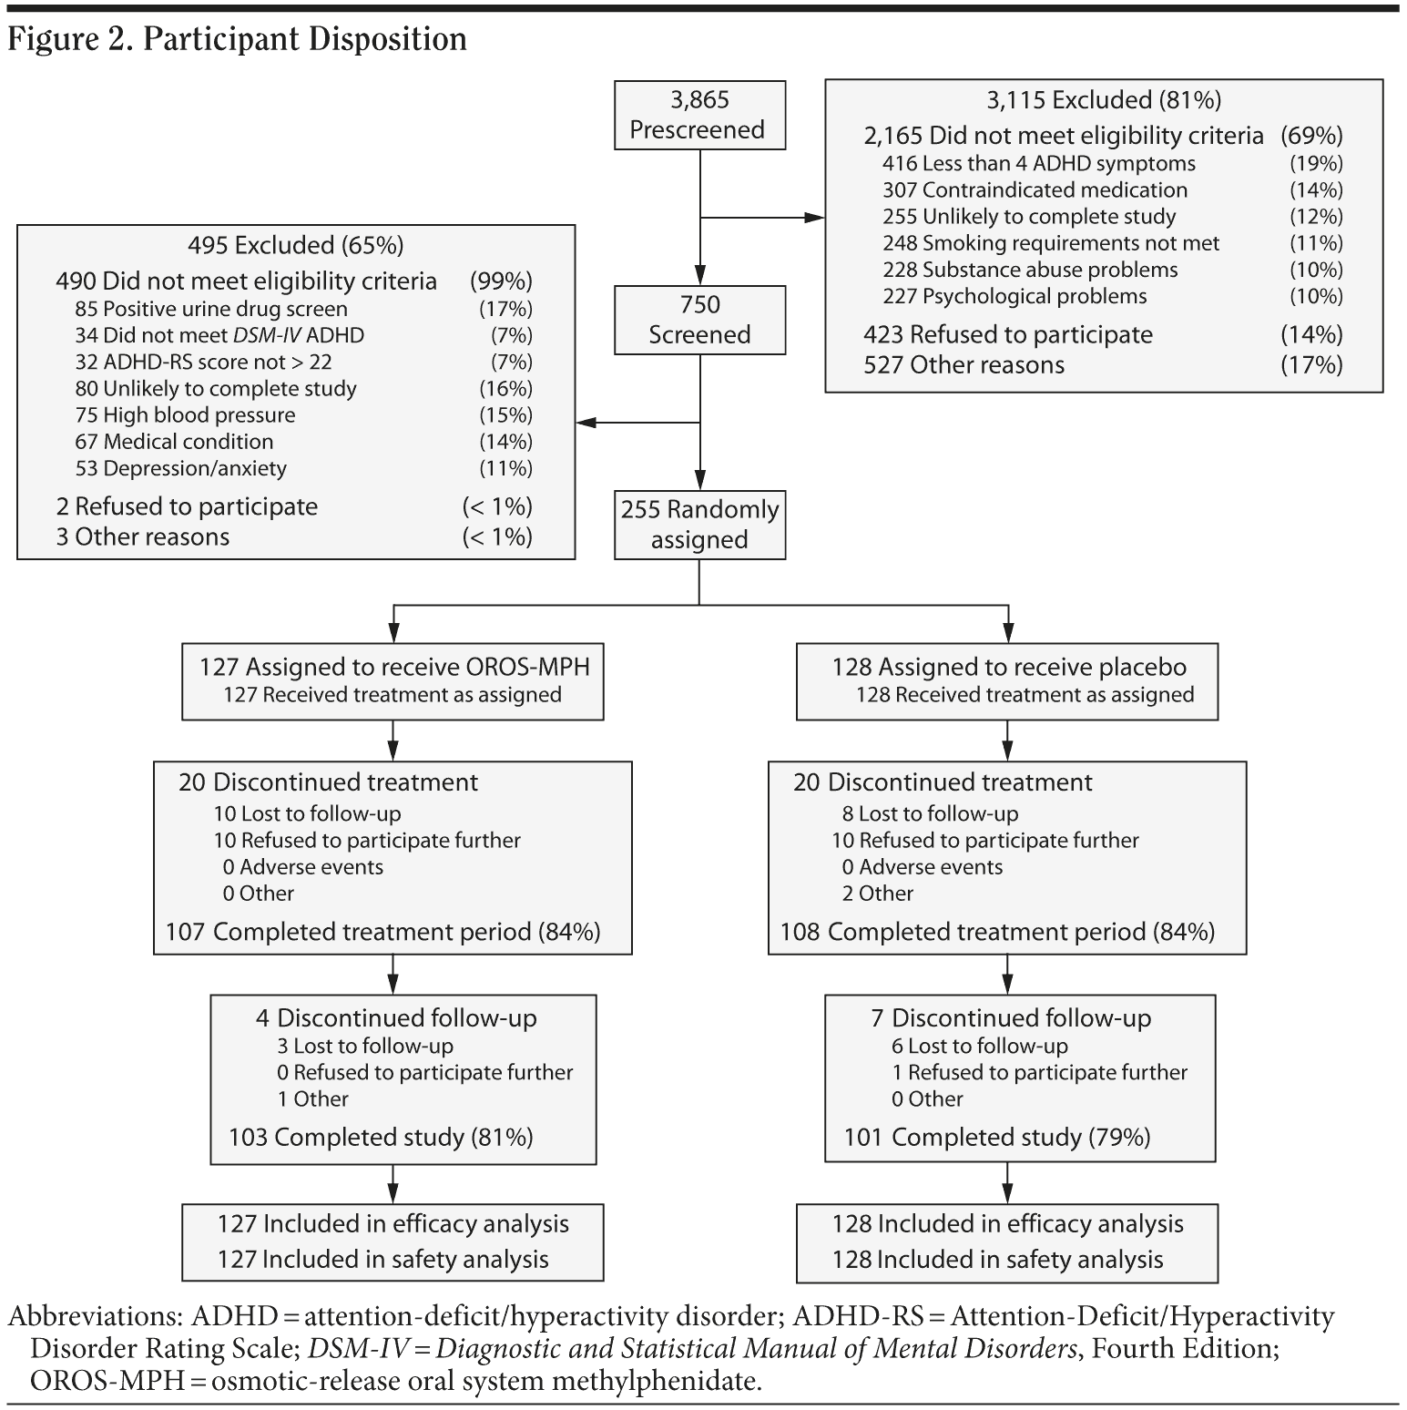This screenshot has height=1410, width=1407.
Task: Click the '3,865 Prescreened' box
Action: pyautogui.click(x=698, y=115)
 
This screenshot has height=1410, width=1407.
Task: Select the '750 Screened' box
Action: pyautogui.click(x=698, y=320)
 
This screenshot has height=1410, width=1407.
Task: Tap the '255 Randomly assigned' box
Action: pyautogui.click(x=698, y=525)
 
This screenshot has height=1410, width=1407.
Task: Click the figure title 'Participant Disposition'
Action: pyautogui.click(x=305, y=39)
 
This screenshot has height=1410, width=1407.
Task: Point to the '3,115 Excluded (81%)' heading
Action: pyautogui.click(x=1104, y=100)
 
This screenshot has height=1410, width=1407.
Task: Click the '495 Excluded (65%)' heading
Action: pyautogui.click(x=295, y=245)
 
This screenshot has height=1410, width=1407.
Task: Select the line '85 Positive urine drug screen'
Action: pyautogui.click(x=211, y=309)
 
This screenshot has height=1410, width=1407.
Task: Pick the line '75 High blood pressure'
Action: pyautogui.click(x=185, y=415)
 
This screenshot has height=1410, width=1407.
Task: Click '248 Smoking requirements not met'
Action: pyautogui.click(x=1050, y=243)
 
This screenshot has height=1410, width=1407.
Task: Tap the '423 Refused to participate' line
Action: pyautogui.click(x=1007, y=334)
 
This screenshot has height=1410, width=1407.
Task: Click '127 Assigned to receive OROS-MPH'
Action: pyautogui.click(x=393, y=667)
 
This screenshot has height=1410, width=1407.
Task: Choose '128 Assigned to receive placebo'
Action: pyautogui.click(x=1008, y=667)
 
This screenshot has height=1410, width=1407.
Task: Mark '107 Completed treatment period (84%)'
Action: pyautogui.click(x=382, y=932)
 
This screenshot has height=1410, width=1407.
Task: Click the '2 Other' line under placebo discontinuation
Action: pyautogui.click(x=877, y=894)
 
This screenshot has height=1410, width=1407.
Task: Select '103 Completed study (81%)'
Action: pyautogui.click(x=381, y=1137)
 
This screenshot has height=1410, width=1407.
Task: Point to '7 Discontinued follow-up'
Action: pyautogui.click(x=1010, y=1018)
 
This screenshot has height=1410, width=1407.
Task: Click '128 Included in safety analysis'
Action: pyautogui.click(x=997, y=1260)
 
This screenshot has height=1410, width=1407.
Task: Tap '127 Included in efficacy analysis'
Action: pyautogui.click(x=393, y=1224)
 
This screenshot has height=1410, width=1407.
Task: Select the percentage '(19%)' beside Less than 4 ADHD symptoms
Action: pyautogui.click(x=1315, y=164)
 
